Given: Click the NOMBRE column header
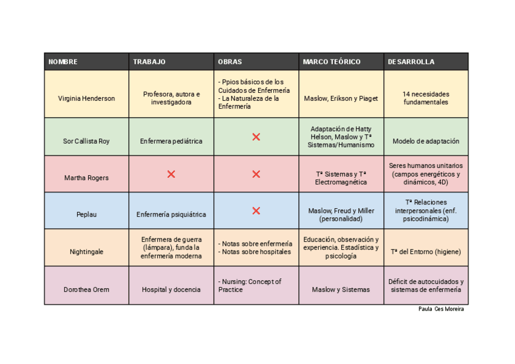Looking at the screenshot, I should tap(63, 62).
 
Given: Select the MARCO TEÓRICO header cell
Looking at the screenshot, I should tap(332, 62).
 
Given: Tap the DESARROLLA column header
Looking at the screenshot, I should tap(411, 62).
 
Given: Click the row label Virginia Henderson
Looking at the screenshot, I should tap(86, 98).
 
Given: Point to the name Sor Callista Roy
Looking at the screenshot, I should tap(86, 141).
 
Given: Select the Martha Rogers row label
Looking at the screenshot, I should tap(86, 178).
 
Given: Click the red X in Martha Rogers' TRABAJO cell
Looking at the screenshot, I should tap(171, 174).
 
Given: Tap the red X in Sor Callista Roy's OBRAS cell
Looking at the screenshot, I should tap(256, 137).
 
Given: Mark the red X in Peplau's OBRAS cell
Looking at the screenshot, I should tap(256, 211).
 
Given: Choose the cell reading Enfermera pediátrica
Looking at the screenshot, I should tap(171, 141).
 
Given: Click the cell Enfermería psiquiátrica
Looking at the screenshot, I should tap(171, 214).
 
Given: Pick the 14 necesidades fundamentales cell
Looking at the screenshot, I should tap(426, 98).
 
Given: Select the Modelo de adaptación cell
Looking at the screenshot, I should tap(426, 141).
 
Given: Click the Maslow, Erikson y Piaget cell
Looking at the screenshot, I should tap(341, 98).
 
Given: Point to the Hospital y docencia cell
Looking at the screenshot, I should tap(171, 289).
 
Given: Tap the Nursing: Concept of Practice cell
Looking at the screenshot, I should tap(250, 286).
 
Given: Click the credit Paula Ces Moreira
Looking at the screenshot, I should tap(441, 309).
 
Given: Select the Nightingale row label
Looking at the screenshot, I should tap(86, 252).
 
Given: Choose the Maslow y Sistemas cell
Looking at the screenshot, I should tap(341, 289).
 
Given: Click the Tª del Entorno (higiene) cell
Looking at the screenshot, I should tap(426, 252).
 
